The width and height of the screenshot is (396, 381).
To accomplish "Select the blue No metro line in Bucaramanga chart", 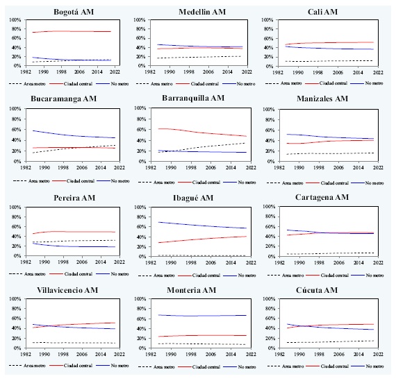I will coord(69,135).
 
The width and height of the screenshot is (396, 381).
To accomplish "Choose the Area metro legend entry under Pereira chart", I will coord(31,270).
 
